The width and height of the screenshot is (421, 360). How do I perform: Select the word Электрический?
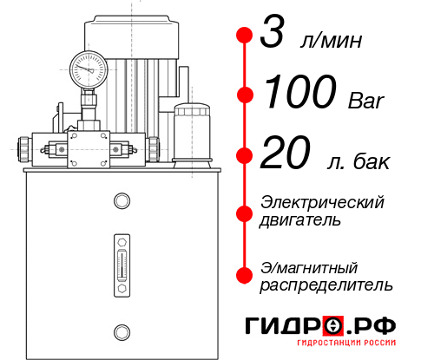[x=322, y=202]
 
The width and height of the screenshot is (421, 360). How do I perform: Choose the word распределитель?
[x=327, y=285]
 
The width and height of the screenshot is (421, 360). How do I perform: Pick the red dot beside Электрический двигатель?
[x=245, y=212]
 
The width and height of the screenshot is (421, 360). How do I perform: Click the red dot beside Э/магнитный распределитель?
[x=245, y=274]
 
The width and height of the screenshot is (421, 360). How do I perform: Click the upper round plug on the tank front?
[x=121, y=202]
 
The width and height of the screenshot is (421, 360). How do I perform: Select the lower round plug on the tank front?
[x=121, y=330]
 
